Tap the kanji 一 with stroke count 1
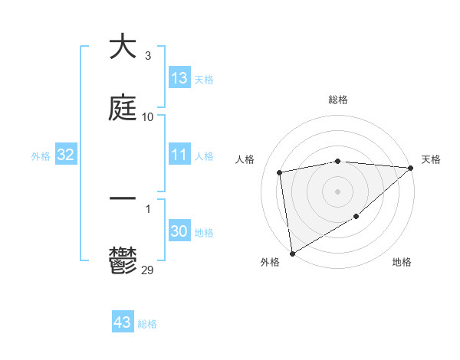123,198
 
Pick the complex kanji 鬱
123,260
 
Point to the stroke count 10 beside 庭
148,116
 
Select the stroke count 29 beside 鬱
148,270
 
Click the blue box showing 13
179,78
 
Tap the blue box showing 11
179,155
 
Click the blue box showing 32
66,155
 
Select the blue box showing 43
123,322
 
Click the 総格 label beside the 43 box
147,324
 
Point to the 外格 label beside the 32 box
41,156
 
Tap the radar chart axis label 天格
431,159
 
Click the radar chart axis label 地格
402,262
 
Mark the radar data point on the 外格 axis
292,253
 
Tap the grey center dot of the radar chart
338,191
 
